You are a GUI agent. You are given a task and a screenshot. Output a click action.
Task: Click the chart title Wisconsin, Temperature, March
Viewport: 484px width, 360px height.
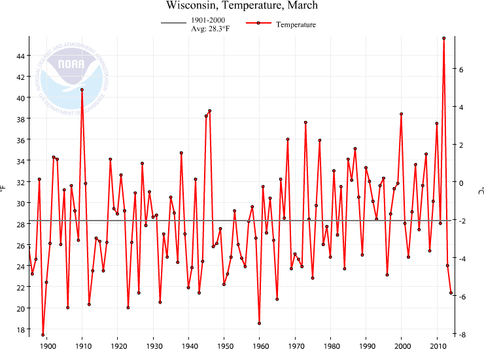point(242,6)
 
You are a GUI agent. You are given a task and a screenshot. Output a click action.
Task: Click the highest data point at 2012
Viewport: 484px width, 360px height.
point(444,38)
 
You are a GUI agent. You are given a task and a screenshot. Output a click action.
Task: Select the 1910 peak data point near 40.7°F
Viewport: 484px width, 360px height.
point(82,90)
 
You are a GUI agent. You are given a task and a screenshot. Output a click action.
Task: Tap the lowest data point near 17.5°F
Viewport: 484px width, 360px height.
point(43,334)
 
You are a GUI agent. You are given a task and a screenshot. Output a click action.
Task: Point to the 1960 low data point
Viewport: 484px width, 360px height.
point(260,323)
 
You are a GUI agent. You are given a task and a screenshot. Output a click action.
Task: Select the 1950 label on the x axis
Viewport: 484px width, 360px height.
point(224,346)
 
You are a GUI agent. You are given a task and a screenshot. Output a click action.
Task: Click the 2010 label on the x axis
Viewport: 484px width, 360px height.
point(438,346)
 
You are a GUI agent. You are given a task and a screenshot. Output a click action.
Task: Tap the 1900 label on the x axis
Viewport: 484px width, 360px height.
point(46,346)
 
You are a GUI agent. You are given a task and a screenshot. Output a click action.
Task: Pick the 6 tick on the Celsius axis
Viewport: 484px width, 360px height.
point(460,69)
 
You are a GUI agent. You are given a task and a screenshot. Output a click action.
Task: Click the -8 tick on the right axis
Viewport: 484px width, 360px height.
point(459,334)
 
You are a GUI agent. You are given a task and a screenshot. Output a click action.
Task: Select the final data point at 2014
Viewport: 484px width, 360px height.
point(451,293)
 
